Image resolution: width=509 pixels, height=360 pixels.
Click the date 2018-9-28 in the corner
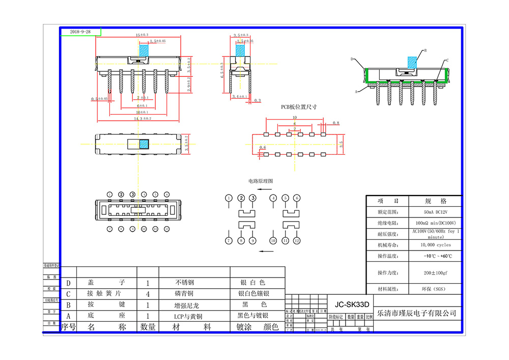pos(80,32)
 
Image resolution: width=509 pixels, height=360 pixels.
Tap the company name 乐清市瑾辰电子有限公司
pos(415,313)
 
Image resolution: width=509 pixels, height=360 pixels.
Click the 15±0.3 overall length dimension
pos(142,35)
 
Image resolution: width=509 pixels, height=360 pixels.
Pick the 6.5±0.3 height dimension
pos(222,73)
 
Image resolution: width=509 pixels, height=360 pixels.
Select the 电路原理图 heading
pos(261,181)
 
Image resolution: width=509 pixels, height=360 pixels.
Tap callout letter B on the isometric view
pos(425,50)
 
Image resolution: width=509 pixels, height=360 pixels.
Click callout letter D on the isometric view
pos(352,59)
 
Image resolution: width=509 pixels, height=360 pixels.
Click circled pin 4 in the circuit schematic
pos(273,198)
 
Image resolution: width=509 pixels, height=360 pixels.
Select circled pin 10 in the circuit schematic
pos(273,240)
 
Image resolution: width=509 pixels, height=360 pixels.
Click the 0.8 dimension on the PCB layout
pos(336,123)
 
